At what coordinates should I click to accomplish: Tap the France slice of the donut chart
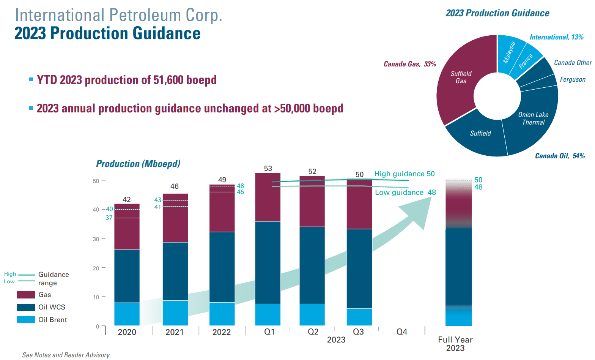[x=526, y=60]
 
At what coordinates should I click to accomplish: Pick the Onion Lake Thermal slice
[x=533, y=118]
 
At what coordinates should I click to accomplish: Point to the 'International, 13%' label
[x=556, y=37]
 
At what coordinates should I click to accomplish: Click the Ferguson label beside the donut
[x=573, y=79]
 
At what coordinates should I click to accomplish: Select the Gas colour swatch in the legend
[x=26, y=295]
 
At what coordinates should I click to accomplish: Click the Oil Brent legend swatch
[x=26, y=320]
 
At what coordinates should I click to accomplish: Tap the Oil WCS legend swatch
[x=26, y=307]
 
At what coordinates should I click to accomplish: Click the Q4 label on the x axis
[x=401, y=332]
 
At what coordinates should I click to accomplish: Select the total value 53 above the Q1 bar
[x=268, y=169]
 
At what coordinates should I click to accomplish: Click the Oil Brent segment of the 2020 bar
[x=127, y=314]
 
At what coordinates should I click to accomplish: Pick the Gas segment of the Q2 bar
[x=312, y=201]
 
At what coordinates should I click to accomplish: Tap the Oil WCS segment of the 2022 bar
[x=222, y=267]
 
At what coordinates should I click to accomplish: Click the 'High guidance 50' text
[x=404, y=174]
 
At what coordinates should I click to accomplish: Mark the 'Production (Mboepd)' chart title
[x=138, y=164]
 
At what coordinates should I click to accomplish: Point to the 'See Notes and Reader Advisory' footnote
[x=66, y=355]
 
